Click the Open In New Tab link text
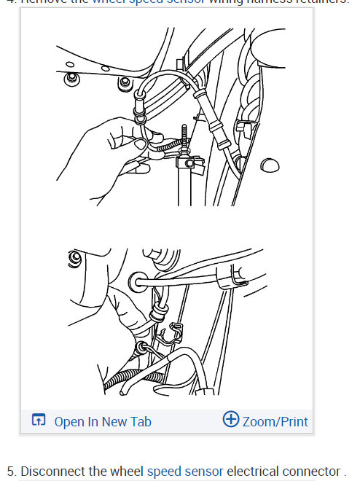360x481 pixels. click(103, 421)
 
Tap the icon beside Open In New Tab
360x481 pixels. click(39, 421)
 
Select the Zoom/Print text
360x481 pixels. click(275, 421)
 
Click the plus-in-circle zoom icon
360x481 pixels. click(231, 420)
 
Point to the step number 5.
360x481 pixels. click(9, 471)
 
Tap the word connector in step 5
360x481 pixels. click(312, 471)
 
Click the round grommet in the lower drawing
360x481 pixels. click(137, 281)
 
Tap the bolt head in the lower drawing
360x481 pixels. click(73, 259)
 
